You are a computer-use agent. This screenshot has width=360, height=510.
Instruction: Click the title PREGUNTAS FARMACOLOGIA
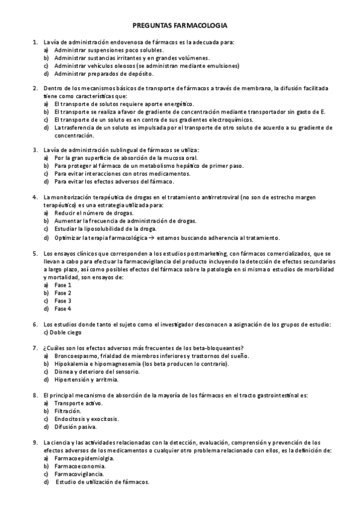click(x=180, y=26)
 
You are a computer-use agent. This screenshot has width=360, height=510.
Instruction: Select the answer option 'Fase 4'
click(x=63, y=309)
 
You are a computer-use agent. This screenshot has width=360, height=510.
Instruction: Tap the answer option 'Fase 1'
click(x=63, y=285)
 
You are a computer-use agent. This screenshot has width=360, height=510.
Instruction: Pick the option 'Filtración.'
click(x=67, y=411)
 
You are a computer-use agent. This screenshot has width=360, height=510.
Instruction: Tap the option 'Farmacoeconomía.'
click(x=80, y=465)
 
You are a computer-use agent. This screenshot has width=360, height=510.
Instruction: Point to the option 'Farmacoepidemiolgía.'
click(x=84, y=458)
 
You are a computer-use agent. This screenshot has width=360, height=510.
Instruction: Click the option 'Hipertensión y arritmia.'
click(x=86, y=379)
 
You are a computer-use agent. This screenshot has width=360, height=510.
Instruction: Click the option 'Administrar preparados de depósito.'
click(x=103, y=73)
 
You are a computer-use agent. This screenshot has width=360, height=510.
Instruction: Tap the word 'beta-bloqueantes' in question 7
click(x=225, y=348)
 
